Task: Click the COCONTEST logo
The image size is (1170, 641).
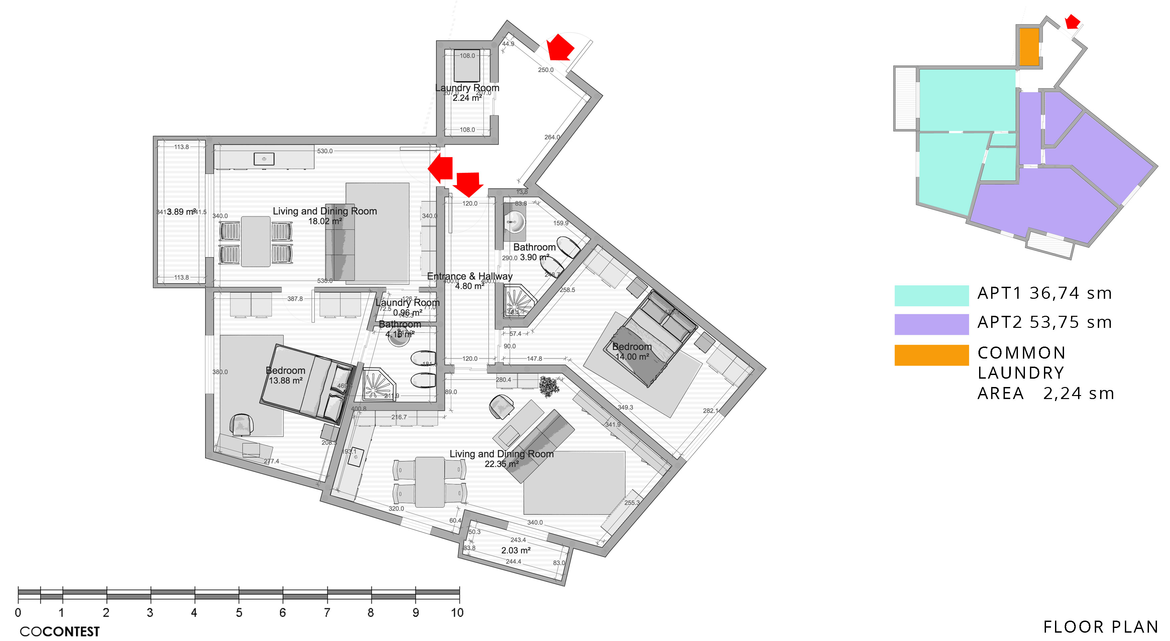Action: pyautogui.click(x=60, y=631)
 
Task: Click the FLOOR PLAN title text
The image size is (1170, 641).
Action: pyautogui.click(x=1100, y=627)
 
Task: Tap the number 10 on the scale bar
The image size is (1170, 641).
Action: pyautogui.click(x=457, y=613)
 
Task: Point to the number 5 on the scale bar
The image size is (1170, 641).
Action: pyautogui.click(x=239, y=613)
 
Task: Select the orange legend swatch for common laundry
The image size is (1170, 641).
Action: pyautogui.click(x=931, y=355)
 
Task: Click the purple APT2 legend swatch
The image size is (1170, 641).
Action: pyautogui.click(x=931, y=324)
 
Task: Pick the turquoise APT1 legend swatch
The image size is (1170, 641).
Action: pyautogui.click(x=931, y=295)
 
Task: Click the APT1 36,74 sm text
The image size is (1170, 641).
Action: pyautogui.click(x=1045, y=293)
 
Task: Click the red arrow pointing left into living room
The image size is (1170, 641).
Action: pyautogui.click(x=441, y=168)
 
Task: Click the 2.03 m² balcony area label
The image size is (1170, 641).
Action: pyautogui.click(x=515, y=550)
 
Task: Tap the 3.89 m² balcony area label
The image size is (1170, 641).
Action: pyautogui.click(x=181, y=212)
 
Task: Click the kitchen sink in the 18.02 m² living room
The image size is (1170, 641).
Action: pyautogui.click(x=264, y=159)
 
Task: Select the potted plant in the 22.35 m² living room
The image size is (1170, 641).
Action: pyautogui.click(x=549, y=386)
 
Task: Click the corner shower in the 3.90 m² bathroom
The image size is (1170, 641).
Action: pyautogui.click(x=518, y=300)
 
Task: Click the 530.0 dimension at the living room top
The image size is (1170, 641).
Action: pyautogui.click(x=325, y=151)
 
